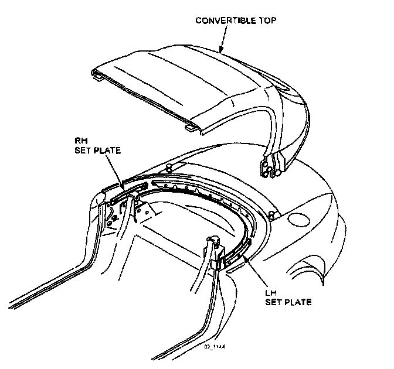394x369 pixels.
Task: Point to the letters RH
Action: point(80,140)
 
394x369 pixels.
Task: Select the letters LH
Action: point(271,293)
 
